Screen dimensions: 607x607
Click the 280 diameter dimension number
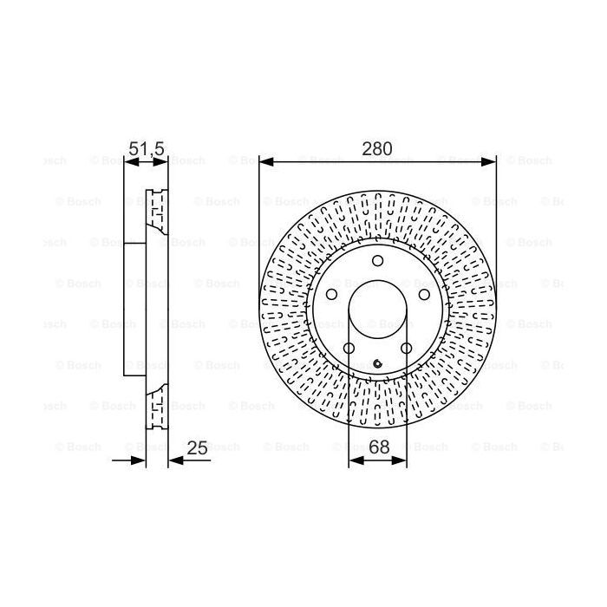click(378, 148)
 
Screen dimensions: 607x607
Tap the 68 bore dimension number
click(378, 448)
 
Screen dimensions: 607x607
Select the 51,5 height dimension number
click(147, 148)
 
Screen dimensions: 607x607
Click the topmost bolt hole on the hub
click(377, 262)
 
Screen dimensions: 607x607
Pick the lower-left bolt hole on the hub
click(349, 349)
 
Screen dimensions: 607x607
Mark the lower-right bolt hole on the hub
click(406, 349)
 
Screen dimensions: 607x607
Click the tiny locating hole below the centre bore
click(377, 363)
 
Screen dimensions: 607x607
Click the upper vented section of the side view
click(156, 208)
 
